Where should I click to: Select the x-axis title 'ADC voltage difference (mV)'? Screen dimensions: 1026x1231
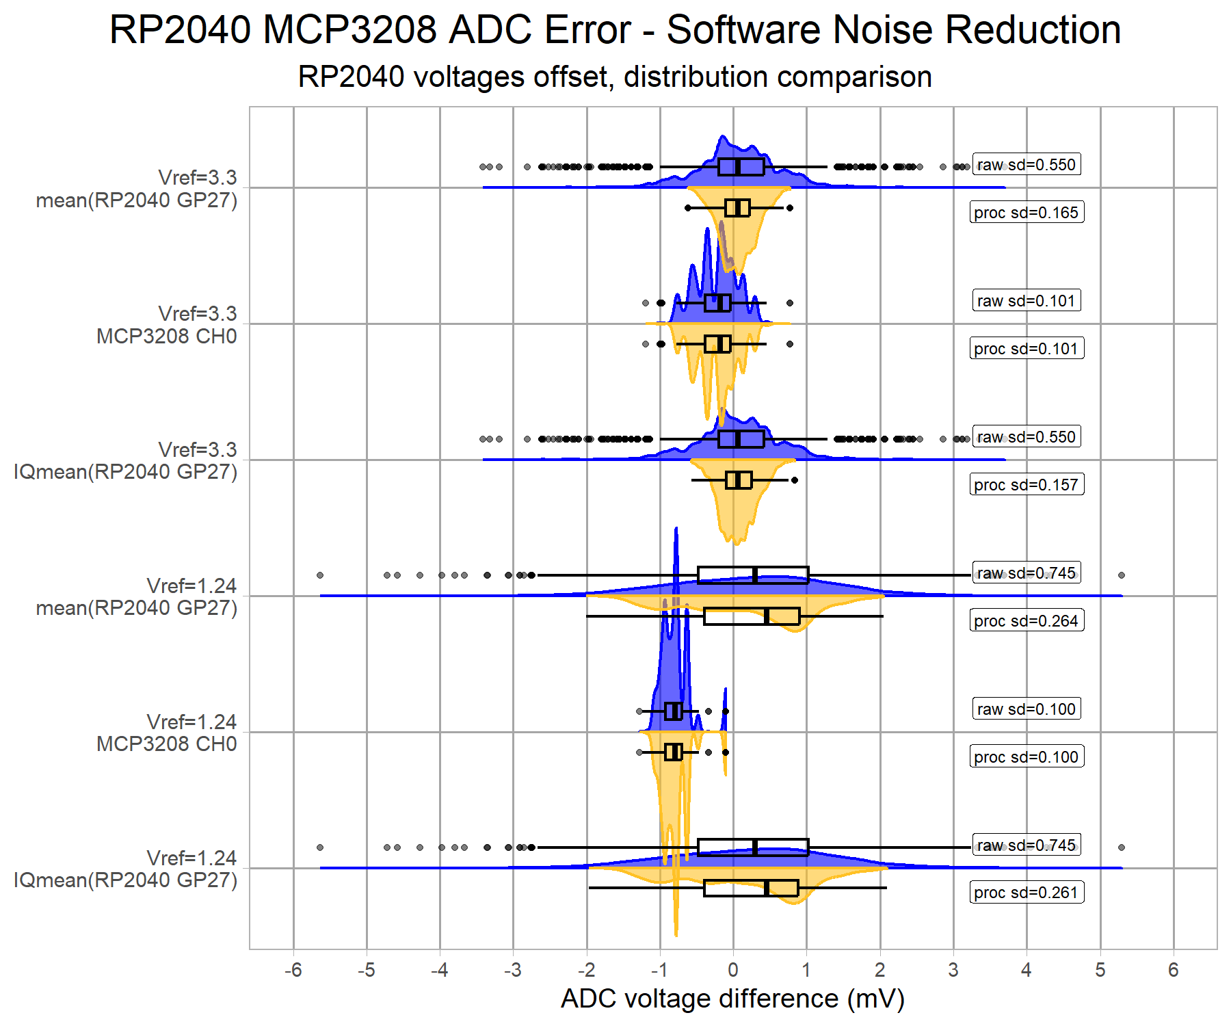732,999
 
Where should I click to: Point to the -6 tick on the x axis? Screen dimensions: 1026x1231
293,970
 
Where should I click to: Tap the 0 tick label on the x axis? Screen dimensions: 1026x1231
733,970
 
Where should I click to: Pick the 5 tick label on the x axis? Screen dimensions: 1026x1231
1100,970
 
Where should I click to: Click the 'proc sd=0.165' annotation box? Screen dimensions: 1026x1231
1027,213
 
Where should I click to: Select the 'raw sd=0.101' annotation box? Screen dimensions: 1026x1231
1027,301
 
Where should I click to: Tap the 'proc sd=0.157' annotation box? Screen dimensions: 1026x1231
1027,485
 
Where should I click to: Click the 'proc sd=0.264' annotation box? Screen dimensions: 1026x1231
1027,621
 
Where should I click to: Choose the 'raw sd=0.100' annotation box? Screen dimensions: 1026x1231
1027,709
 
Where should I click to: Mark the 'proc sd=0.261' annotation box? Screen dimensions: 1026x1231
1027,893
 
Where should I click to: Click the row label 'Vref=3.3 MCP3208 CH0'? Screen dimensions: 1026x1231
167,325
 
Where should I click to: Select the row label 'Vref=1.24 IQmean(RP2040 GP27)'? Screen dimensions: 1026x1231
126,869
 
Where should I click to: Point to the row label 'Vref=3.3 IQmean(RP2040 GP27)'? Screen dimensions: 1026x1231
126,460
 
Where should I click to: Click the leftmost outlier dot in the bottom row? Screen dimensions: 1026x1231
320,847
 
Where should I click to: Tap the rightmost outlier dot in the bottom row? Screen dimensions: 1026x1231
1122,847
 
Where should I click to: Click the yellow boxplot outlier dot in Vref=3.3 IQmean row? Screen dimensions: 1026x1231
795,480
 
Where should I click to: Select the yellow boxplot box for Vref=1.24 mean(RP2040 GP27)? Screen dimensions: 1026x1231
752,616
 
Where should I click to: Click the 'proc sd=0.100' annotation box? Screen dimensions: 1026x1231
1027,757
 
